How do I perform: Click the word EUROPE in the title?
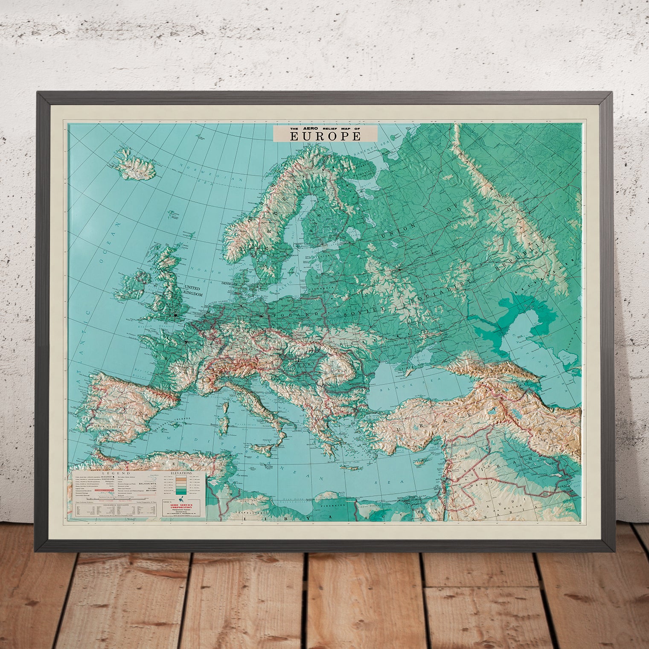[326, 136]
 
